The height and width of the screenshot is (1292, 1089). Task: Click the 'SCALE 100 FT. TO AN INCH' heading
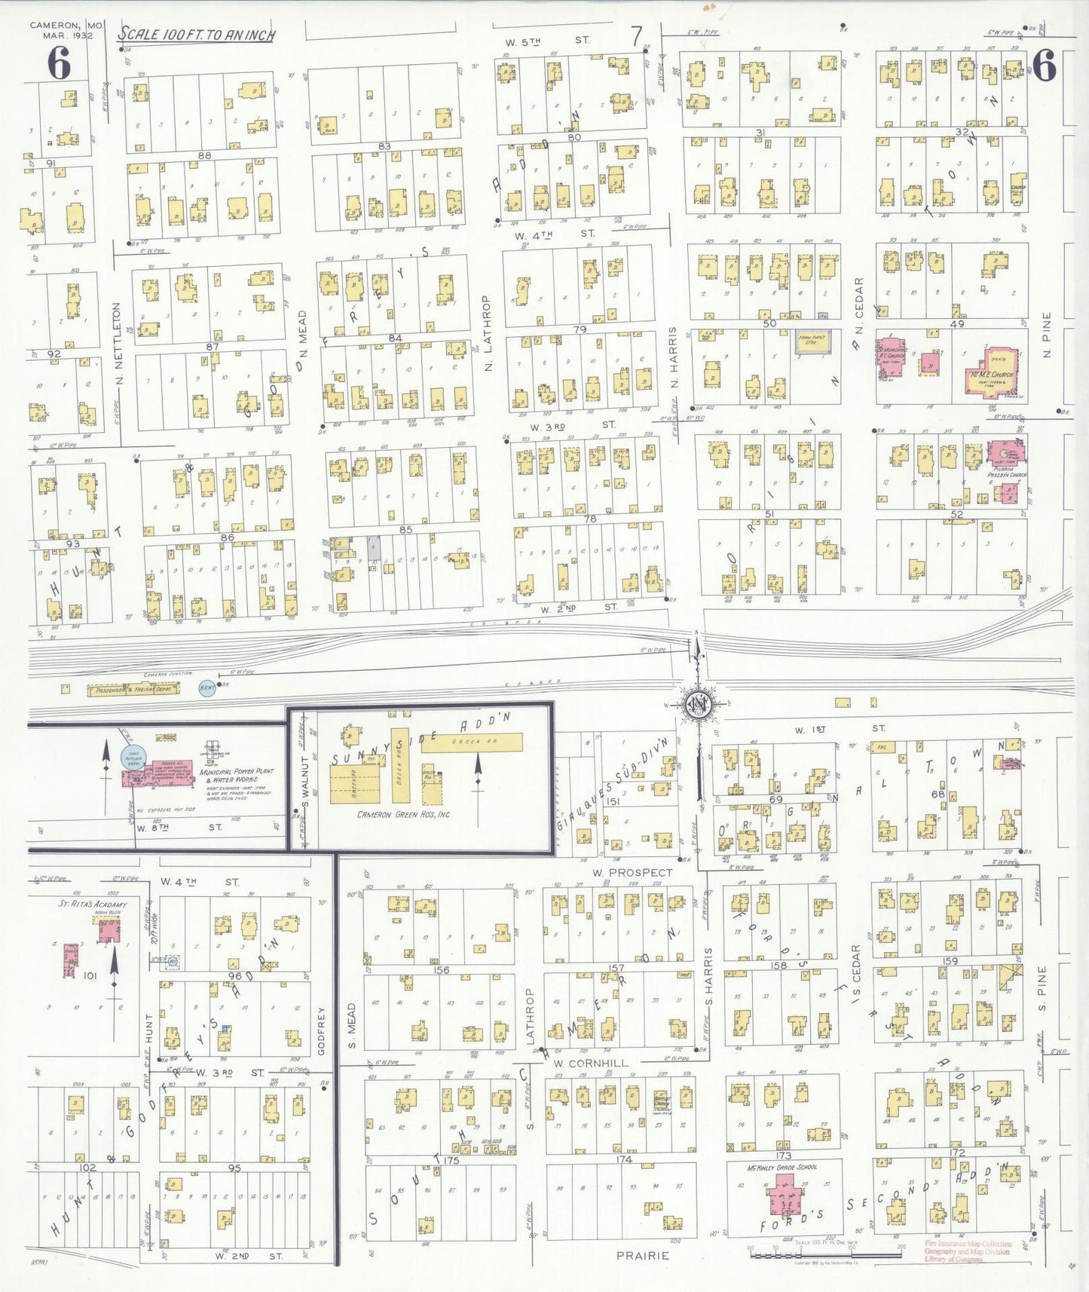point(196,35)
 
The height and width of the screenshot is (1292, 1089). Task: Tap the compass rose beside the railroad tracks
point(698,704)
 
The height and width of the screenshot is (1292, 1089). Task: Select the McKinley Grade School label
point(782,1168)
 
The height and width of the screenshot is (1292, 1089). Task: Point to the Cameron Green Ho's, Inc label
point(403,814)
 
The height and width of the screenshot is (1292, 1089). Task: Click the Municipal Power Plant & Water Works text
point(236,776)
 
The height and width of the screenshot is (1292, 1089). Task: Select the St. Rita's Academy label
point(93,904)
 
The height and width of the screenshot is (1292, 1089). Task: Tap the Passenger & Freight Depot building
point(133,689)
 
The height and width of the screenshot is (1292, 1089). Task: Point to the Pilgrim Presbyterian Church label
point(1008,472)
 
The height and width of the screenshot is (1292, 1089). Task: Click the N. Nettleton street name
point(118,344)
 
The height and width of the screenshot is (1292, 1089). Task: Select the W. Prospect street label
point(632,872)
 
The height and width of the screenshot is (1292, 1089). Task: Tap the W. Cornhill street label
point(591,1063)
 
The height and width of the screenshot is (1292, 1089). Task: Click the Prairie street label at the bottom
point(643,1255)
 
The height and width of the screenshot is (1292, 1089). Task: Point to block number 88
point(203,155)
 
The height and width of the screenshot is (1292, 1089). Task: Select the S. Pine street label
point(1042,988)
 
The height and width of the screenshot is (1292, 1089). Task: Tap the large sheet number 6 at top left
point(59,63)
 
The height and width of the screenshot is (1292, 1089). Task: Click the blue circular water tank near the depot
point(206,687)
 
